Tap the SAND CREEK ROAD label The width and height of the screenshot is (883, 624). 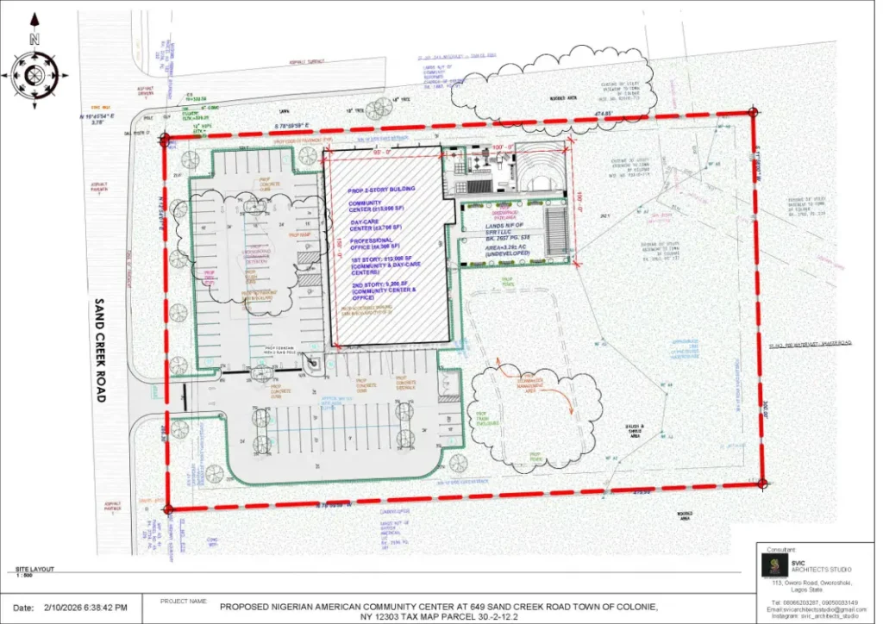click(99, 351)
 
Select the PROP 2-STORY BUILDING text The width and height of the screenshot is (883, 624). click(381, 189)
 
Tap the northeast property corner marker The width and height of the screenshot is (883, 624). click(753, 111)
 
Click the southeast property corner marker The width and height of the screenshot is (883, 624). click(762, 484)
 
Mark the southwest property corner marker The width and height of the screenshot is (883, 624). click(167, 509)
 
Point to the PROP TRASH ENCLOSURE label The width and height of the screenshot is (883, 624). click(488, 419)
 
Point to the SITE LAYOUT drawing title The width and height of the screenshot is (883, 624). click(34, 569)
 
